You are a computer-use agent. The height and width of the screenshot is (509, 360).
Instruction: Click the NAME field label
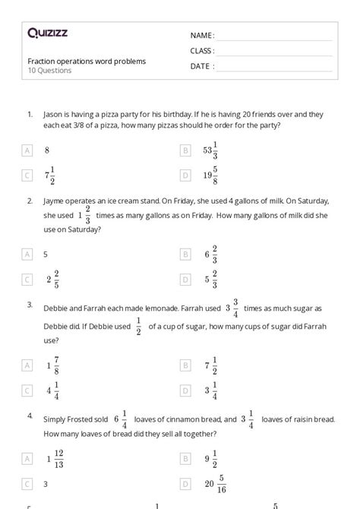click(202, 35)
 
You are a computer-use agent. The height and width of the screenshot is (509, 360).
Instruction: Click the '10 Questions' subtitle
click(50, 71)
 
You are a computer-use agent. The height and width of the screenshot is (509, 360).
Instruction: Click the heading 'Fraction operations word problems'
click(87, 61)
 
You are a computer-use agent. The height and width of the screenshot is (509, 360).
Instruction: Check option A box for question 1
click(27, 150)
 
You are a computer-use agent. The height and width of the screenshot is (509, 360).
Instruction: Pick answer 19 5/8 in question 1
click(210, 175)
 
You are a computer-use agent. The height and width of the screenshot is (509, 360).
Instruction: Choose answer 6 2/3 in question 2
click(210, 254)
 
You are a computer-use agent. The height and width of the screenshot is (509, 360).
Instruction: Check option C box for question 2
click(27, 280)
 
